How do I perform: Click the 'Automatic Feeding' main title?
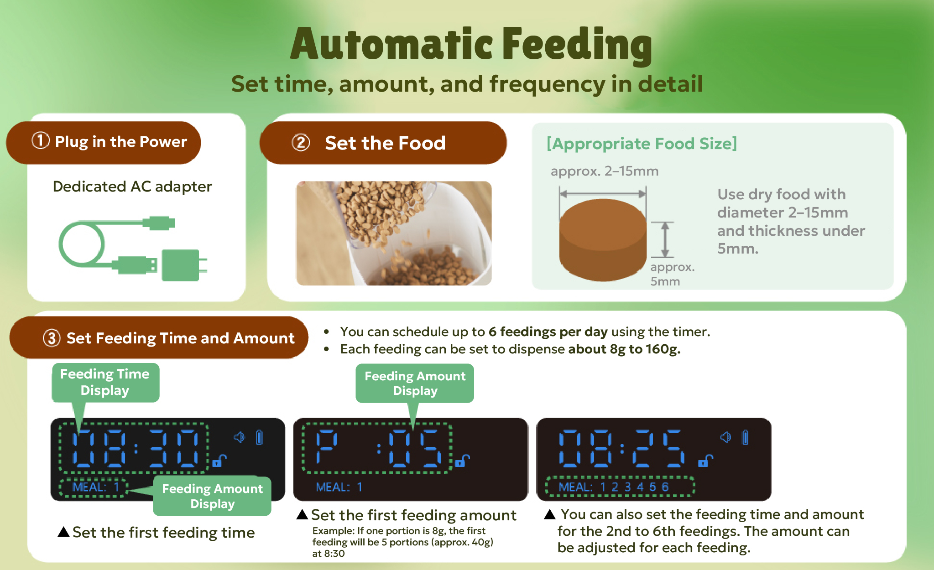pos(471,45)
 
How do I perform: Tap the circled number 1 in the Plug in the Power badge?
pos(40,140)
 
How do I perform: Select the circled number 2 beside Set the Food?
pos(301,143)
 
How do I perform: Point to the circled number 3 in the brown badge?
pos(52,338)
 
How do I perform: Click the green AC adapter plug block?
pos(181,265)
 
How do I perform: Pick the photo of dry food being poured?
pos(394,233)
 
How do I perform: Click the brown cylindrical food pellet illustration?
pos(603,240)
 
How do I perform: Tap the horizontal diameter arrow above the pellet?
pos(603,194)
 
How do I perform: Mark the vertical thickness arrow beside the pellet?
pos(665,240)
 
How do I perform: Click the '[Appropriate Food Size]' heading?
pos(642,144)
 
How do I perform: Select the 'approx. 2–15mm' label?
pos(605,171)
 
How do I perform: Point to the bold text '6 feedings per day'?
pos(548,332)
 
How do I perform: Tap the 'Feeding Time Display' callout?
pos(105,382)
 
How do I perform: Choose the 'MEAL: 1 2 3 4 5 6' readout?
pos(614,487)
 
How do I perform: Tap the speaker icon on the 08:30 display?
pos(239,437)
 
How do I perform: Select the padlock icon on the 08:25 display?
pos(705,461)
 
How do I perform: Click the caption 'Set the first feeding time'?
pos(163,532)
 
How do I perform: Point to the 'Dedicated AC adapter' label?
pos(132,187)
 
